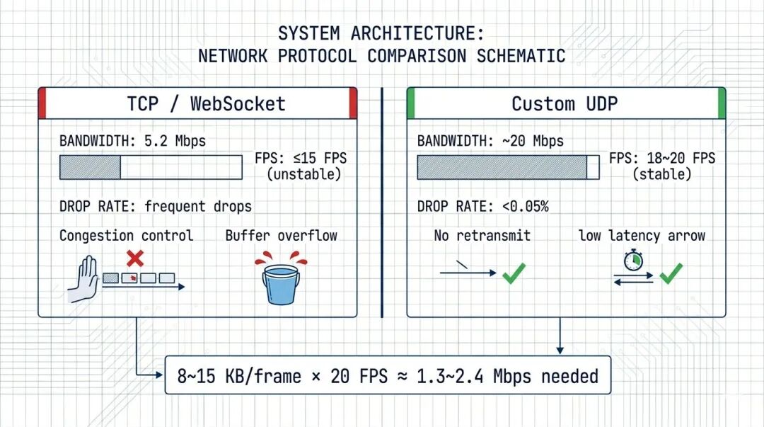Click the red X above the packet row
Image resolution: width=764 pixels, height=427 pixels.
tap(135, 258)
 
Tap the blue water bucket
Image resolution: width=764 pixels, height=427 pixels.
tap(281, 285)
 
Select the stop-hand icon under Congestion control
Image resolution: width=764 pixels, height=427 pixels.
tap(84, 279)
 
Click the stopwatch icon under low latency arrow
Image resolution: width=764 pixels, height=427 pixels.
tap(633, 260)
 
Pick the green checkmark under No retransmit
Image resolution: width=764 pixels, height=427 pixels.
tap(514, 273)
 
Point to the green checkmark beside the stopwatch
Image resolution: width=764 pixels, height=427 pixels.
tap(671, 273)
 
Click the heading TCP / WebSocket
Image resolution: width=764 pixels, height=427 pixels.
tap(206, 104)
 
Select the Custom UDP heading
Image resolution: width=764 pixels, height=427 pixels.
tap(565, 104)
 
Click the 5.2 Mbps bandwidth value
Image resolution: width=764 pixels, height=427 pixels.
tap(175, 141)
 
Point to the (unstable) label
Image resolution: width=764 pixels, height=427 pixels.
tap(304, 174)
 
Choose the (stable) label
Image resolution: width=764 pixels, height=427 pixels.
tap(661, 174)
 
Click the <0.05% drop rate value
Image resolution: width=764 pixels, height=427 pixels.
tap(525, 207)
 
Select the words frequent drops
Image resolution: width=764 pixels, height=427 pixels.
tap(198, 207)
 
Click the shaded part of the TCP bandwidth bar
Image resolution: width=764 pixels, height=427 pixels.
tap(90, 167)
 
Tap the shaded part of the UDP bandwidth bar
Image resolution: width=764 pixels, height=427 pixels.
tap(502, 167)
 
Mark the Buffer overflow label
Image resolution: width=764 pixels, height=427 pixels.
tap(281, 235)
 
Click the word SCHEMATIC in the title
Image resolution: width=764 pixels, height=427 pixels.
tap(521, 56)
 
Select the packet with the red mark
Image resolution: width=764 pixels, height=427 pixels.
tap(129, 278)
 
